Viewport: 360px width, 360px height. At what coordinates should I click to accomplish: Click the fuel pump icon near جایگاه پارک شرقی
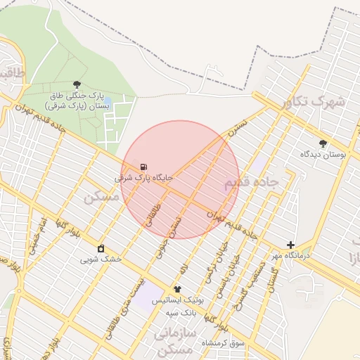143,167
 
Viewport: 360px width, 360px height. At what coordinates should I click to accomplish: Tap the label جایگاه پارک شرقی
144,178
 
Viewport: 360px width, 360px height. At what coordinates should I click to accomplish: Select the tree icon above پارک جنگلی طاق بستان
77,84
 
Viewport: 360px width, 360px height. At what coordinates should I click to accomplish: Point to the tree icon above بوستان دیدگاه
323,143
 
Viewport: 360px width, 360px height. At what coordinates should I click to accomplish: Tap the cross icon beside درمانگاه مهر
291,245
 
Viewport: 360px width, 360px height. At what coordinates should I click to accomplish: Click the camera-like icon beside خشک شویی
101,248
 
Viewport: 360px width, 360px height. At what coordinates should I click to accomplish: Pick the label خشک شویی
101,259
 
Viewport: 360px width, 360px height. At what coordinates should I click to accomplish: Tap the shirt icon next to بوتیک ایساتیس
177,289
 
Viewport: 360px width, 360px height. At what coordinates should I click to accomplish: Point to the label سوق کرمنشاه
223,342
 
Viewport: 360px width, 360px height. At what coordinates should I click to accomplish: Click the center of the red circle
180,180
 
